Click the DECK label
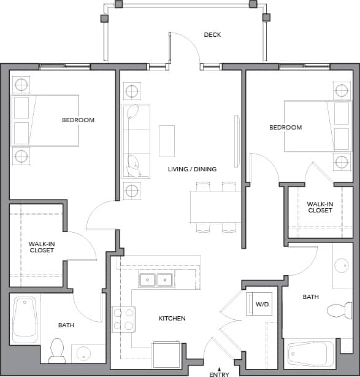pos(212,35)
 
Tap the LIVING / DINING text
pos(192,169)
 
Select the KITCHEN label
pos(172,318)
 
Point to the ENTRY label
pos(219,373)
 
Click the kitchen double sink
pos(156,281)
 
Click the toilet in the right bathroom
pos(337,309)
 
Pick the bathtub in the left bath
pos(25,317)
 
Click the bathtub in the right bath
pos(311,354)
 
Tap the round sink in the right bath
pos(342,266)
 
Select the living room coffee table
pos(167,141)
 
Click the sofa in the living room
pos(136,141)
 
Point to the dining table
pos(215,207)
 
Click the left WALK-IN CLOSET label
pos(41,247)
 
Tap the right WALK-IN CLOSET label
pos(320,207)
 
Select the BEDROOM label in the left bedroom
pos(78,120)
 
